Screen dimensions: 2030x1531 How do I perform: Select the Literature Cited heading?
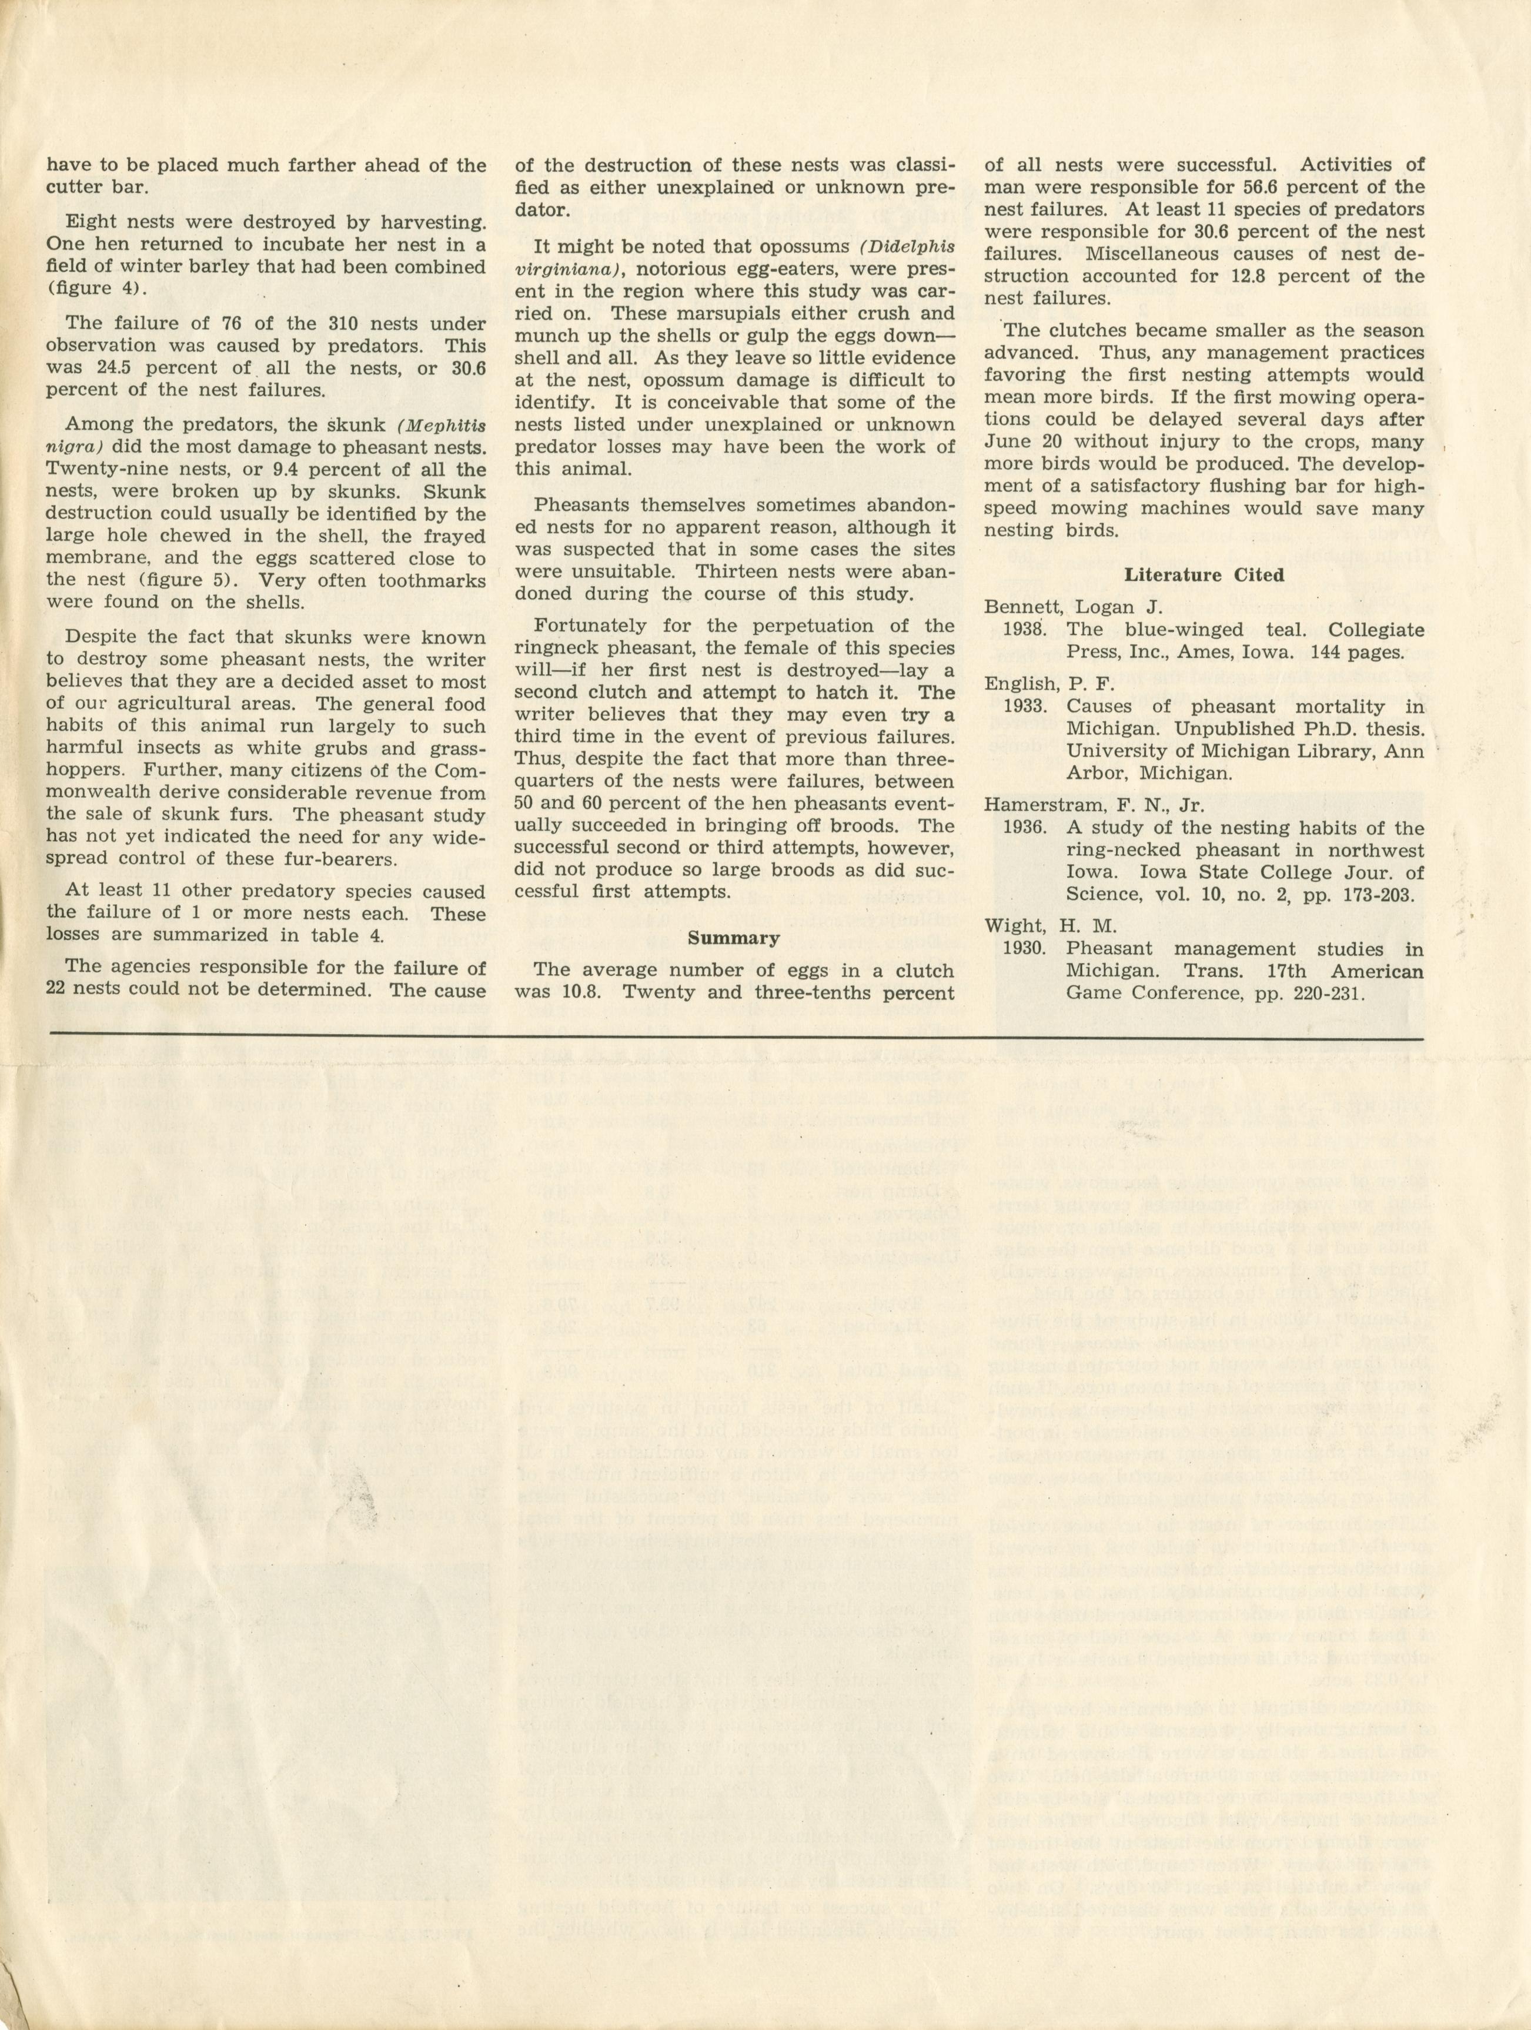tap(1204, 576)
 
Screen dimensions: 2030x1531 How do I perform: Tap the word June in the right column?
tap(1009, 442)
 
